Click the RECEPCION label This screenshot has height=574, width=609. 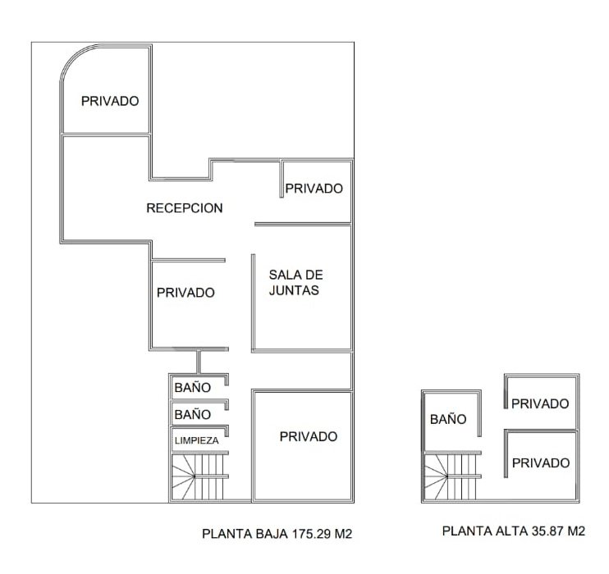coord(185,208)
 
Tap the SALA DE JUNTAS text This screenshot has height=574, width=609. coord(295,283)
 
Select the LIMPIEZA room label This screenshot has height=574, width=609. coord(196,440)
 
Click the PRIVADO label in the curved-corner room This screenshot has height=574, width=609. coord(110,101)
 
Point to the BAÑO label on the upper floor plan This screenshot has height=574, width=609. coord(448,418)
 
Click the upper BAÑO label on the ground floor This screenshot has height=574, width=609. coord(193,387)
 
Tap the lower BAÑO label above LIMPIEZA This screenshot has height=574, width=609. coord(193,414)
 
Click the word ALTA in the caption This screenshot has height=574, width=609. coord(511,531)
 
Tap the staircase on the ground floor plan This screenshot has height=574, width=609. coord(198,476)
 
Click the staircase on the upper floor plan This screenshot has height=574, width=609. coord(451,476)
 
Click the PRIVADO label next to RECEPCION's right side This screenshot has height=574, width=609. coord(314,189)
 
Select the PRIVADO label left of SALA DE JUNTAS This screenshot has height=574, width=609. coord(185,293)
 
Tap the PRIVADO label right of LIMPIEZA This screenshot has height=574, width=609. coord(309,436)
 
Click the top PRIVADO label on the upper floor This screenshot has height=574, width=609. coord(540,403)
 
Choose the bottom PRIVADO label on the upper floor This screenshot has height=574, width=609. coord(541,462)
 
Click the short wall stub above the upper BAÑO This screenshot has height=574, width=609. coord(199,362)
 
